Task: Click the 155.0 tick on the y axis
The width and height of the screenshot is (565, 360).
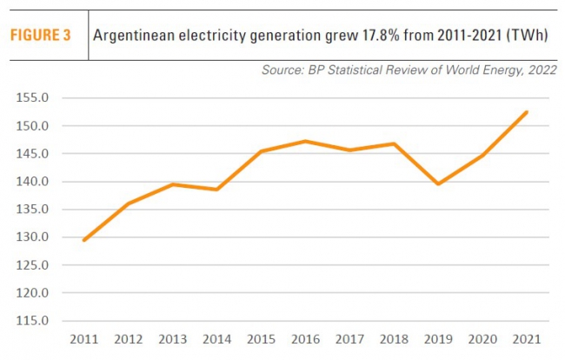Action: tap(34, 98)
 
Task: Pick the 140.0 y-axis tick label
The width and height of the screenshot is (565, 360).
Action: tap(34, 182)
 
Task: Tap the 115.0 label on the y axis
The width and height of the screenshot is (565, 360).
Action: tap(34, 321)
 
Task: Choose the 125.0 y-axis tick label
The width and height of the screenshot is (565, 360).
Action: tap(34, 265)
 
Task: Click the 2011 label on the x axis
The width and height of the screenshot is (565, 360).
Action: tap(83, 339)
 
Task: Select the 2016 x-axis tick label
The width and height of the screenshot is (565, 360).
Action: tap(305, 339)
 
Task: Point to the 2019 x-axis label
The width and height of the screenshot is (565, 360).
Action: tap(438, 339)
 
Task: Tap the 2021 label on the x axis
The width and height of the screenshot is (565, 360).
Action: tap(527, 339)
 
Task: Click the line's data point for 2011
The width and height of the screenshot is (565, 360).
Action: tap(83, 240)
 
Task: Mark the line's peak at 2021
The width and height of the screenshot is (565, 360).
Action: tap(527, 112)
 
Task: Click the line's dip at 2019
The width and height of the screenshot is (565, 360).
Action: tap(438, 184)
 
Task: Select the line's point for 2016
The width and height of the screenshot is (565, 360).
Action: tap(305, 141)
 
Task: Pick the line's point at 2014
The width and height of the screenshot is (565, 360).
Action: tap(216, 190)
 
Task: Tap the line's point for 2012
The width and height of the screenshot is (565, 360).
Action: tap(128, 203)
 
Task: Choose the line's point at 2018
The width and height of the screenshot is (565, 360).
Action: tap(394, 143)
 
